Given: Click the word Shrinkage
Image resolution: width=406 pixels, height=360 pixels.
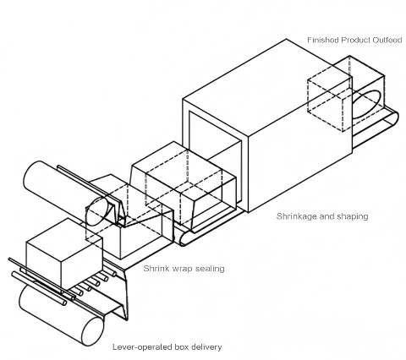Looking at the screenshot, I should pos(298,216).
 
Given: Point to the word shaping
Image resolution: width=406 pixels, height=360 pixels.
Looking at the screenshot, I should pos(351,216).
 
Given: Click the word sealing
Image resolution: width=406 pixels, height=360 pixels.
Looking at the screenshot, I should pos(208,269).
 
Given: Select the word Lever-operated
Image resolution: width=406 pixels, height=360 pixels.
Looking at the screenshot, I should pos(140,346).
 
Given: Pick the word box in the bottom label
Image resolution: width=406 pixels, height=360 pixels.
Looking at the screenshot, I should pos(178,346).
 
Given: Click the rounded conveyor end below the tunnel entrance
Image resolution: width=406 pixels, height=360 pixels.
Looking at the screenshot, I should pos(185,237).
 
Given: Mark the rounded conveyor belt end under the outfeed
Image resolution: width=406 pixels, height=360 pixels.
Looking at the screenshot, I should pos(390,125).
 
